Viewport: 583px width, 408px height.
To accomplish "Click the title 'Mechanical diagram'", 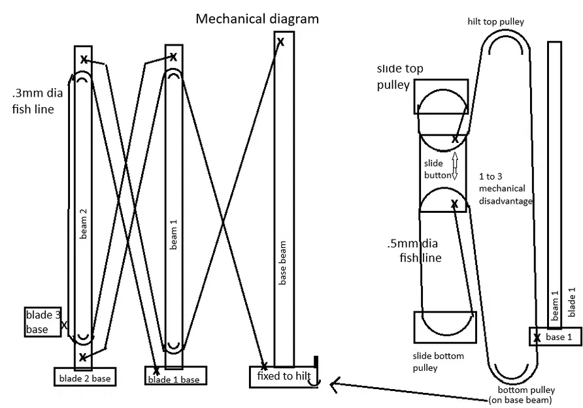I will point(258,18).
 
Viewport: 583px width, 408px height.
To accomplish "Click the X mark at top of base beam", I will point(280,42).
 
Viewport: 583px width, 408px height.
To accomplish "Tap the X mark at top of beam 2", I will point(84,60).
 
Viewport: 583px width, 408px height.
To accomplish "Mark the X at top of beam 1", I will point(173,57).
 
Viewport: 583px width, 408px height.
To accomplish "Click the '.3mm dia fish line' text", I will point(35,101).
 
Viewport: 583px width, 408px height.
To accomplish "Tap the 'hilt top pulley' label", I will point(495,22).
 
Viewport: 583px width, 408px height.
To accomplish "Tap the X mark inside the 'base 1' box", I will point(537,337).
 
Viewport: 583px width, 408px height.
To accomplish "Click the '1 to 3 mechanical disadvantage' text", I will point(506,189).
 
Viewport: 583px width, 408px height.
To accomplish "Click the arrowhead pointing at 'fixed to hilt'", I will point(334,386).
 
